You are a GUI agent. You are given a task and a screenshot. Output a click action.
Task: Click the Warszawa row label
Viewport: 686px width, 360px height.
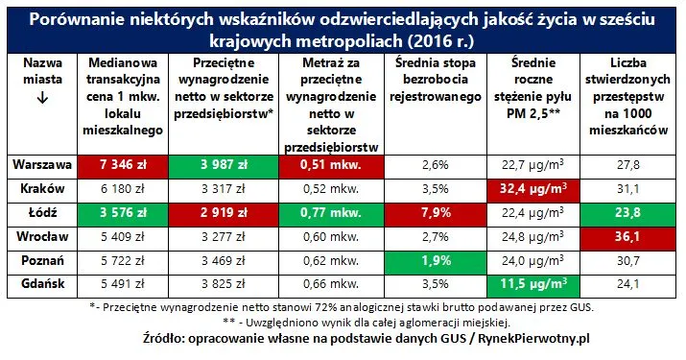[42, 165]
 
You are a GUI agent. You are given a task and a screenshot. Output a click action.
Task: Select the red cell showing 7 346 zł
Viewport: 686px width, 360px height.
[123, 166]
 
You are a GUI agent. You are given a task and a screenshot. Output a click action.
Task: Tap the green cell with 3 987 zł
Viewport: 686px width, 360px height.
[224, 166]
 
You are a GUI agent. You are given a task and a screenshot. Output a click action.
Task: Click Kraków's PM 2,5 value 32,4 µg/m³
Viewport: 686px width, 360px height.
[533, 191]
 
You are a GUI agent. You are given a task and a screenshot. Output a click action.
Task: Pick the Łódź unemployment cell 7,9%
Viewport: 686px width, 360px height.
[436, 215]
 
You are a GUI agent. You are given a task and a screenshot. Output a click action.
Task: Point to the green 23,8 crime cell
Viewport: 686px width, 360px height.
[628, 215]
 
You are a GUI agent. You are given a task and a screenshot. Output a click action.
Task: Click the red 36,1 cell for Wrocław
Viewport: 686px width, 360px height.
[628, 239]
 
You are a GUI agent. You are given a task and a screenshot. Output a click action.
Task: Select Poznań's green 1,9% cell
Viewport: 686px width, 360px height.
[436, 263]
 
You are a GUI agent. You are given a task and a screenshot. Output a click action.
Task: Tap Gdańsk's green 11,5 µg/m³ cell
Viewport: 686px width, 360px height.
[533, 286]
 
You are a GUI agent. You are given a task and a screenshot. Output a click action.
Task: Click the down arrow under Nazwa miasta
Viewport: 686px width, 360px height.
[42, 98]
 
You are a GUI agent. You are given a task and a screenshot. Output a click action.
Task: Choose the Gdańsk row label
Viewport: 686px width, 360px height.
[42, 284]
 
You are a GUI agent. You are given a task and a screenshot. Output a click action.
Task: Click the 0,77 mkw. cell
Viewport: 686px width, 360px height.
[331, 215]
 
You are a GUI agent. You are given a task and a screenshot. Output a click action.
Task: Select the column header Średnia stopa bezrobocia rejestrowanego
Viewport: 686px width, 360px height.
[436, 80]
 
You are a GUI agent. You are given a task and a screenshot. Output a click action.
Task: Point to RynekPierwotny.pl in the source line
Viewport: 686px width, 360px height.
[533, 339]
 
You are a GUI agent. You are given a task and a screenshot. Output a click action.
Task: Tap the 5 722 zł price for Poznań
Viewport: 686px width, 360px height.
[123, 261]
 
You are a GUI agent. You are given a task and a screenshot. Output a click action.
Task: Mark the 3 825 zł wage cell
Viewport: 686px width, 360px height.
[224, 284]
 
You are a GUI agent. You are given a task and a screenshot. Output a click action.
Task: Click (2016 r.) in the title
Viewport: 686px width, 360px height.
[440, 40]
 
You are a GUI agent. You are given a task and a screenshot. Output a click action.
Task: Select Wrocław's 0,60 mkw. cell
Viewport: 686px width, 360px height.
[331, 237]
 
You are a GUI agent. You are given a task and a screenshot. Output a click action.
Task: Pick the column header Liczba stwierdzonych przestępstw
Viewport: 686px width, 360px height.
[628, 80]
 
